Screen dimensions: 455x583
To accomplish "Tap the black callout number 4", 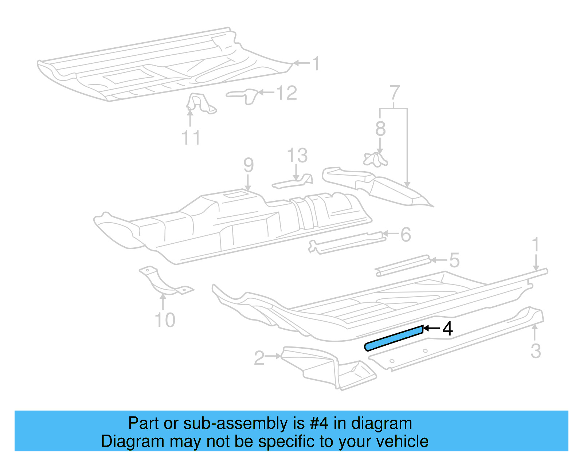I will [447, 328].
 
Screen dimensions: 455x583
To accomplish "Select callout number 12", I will [287, 93].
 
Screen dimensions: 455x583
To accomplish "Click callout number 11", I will [191, 138].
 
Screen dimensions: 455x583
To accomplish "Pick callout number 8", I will [380, 129].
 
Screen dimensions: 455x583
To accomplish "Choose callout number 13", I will [297, 156].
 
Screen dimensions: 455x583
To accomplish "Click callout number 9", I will [249, 165].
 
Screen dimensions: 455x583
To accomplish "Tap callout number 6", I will [406, 235].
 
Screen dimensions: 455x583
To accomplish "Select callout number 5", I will [454, 260].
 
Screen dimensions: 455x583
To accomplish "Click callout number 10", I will [165, 320].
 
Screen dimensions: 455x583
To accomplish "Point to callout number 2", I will [259, 358].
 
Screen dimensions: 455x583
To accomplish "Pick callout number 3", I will [535, 350].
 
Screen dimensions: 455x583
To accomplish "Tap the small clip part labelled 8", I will [375, 160].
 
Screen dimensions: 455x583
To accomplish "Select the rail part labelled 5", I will [403, 266].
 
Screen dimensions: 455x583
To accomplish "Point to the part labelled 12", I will [244, 95].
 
